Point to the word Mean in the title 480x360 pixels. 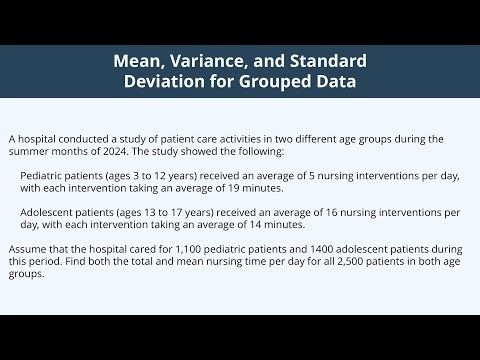point(138,60)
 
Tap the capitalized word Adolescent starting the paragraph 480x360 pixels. point(50,212)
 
